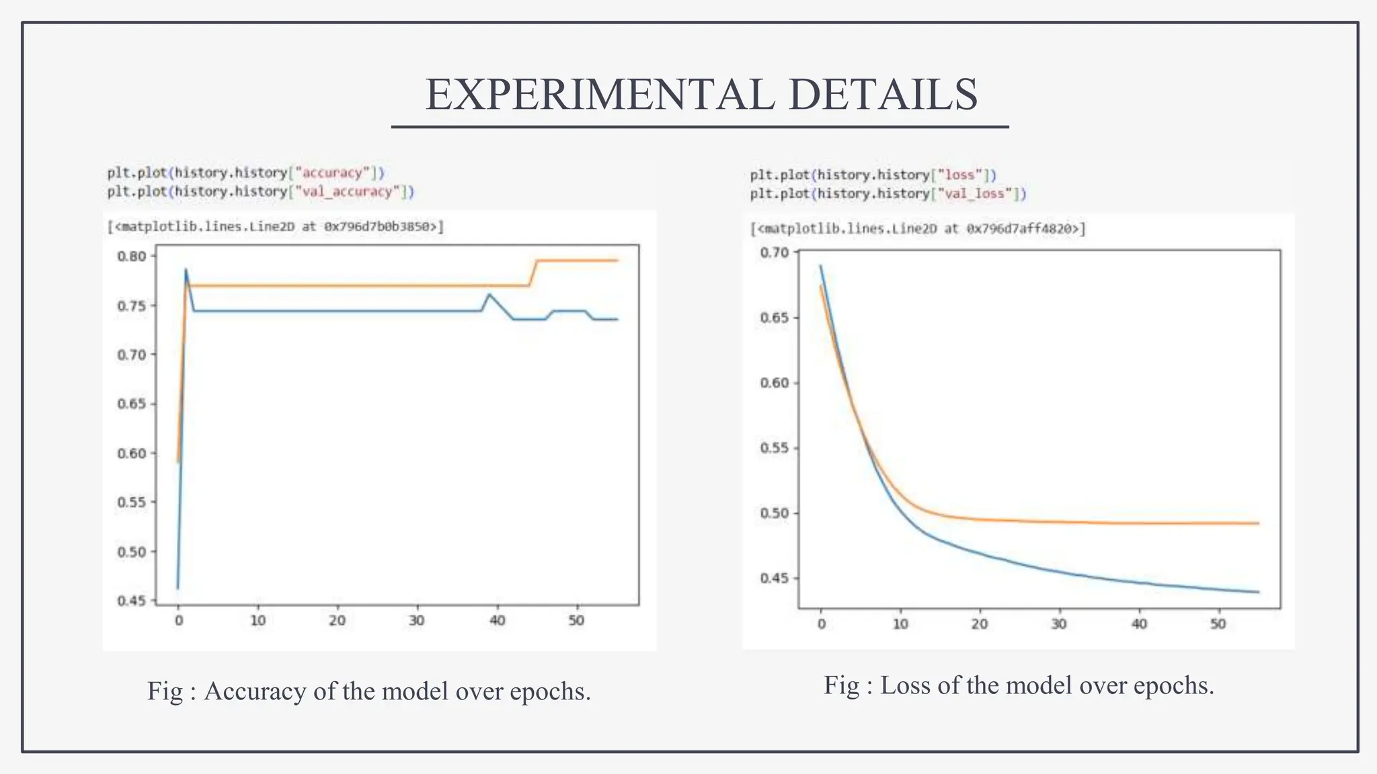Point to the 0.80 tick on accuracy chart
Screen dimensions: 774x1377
131,256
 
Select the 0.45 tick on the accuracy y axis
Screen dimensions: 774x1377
131,601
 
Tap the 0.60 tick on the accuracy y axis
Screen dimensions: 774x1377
131,453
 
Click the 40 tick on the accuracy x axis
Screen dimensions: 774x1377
497,620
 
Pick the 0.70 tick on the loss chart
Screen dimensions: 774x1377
774,253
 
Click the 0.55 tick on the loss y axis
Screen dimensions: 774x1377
774,448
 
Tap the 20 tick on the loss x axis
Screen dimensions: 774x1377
980,624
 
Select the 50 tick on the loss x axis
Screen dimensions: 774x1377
1218,624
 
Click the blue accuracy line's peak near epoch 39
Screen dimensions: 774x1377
489,294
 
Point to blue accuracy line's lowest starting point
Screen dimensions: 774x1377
178,589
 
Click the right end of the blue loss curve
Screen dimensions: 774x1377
1258,592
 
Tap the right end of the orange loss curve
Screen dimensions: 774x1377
1258,523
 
